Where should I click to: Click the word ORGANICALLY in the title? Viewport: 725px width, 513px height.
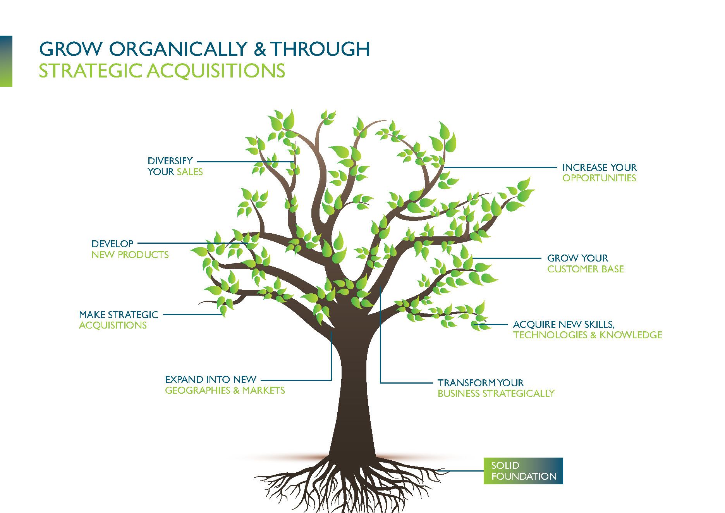tap(178, 49)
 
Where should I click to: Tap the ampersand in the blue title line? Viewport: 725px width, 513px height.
tap(260, 50)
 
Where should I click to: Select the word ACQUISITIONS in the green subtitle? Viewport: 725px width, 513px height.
tap(216, 71)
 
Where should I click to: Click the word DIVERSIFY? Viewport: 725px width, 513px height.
tap(170, 161)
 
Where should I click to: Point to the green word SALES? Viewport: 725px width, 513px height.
tap(190, 172)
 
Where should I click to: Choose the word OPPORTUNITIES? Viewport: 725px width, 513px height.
tap(599, 178)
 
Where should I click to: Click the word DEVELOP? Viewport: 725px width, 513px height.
tap(112, 244)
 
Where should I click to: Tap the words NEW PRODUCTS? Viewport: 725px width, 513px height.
tap(130, 255)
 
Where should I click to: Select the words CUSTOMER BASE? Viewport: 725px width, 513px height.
tap(585, 269)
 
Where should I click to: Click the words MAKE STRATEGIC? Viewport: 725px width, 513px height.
tap(119, 315)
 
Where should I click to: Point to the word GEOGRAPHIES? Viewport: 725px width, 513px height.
tap(198, 390)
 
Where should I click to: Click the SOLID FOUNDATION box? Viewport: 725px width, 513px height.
tap(523, 471)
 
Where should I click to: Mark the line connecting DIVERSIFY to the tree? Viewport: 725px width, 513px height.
tap(244, 162)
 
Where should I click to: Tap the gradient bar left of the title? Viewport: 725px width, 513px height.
tap(6, 61)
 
